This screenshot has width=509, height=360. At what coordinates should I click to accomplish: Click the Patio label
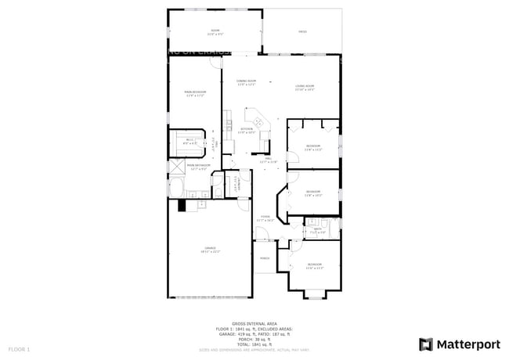302,32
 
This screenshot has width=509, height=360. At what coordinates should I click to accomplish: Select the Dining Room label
247,82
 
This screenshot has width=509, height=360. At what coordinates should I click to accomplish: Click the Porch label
265,257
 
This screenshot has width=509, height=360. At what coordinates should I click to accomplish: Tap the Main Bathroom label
197,167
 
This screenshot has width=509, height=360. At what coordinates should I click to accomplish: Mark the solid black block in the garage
182,205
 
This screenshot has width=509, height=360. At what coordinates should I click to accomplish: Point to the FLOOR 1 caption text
19,348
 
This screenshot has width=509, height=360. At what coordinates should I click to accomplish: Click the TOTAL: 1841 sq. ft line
254,344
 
